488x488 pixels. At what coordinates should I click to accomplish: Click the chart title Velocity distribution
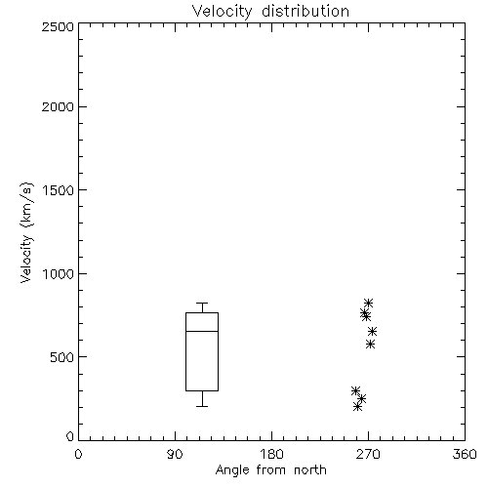click(x=270, y=12)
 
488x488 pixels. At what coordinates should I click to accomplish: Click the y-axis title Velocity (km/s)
click(x=26, y=232)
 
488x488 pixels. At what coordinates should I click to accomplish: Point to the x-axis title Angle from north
click(x=271, y=470)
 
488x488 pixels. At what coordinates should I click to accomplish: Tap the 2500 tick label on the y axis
click(x=58, y=26)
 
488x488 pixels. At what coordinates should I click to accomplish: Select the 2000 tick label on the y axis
click(x=58, y=106)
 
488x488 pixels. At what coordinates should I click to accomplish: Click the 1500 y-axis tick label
click(x=59, y=190)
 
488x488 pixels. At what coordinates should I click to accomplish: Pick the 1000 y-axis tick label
click(x=59, y=273)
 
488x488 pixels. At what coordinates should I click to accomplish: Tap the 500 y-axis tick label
click(x=62, y=357)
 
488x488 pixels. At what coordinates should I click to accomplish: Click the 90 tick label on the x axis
click(x=175, y=454)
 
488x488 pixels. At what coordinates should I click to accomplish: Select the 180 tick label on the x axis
click(x=271, y=454)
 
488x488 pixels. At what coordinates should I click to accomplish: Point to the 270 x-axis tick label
click(x=368, y=454)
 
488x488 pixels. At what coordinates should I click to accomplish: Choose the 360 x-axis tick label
click(x=465, y=454)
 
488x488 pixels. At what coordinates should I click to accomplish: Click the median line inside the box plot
click(x=202, y=331)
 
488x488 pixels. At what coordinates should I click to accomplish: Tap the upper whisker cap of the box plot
click(x=202, y=304)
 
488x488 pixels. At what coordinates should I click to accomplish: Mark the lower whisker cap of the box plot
click(x=202, y=406)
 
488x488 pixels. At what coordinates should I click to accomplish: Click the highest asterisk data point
click(x=368, y=304)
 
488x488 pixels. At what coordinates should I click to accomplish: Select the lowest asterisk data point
click(x=357, y=406)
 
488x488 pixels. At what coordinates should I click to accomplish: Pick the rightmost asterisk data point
click(x=372, y=332)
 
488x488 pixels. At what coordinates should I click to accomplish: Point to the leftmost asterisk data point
click(x=355, y=390)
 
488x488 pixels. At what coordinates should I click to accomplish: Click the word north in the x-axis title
click(x=310, y=470)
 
